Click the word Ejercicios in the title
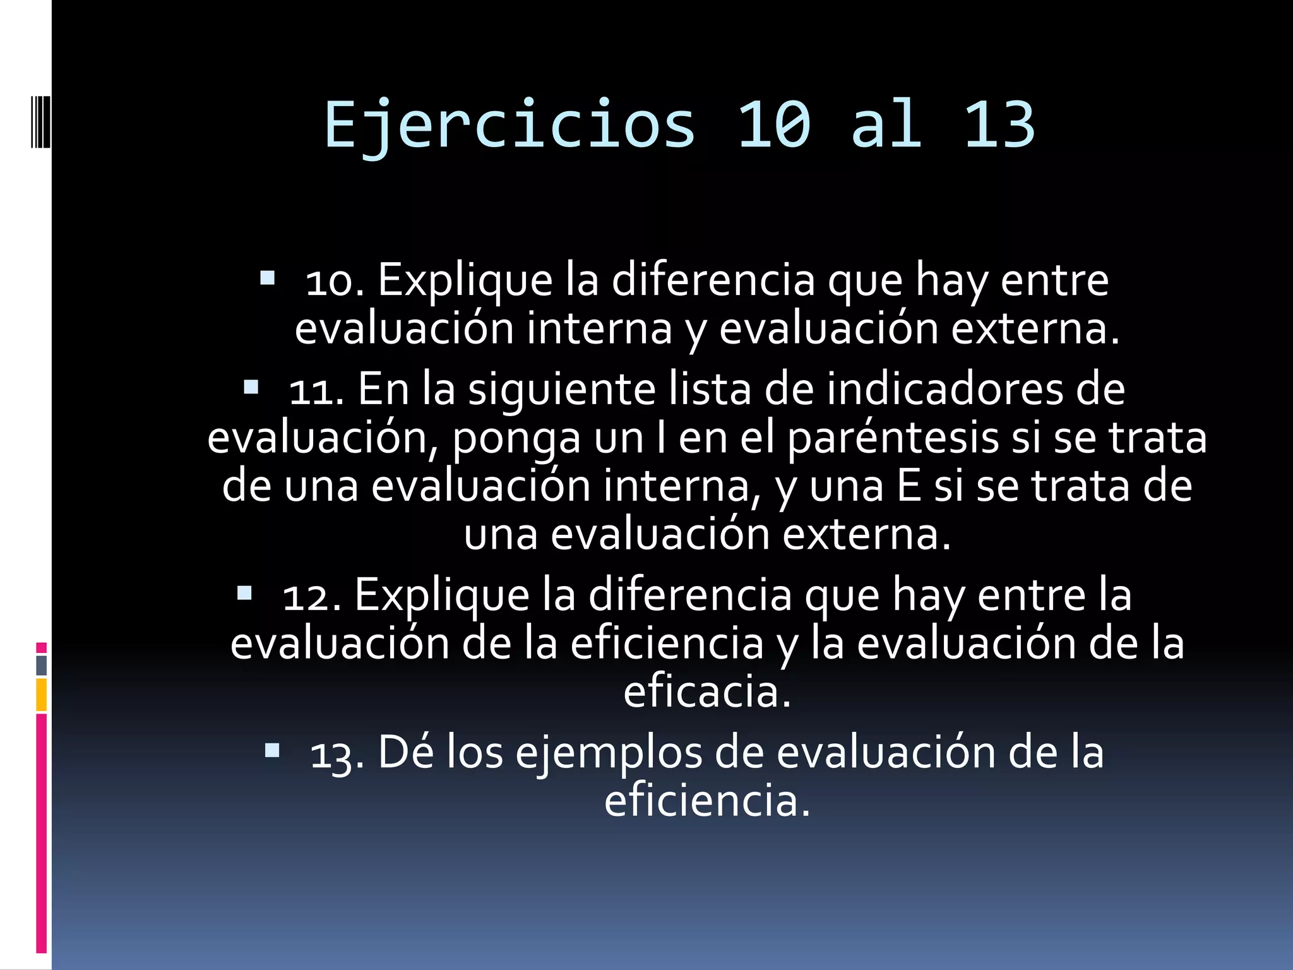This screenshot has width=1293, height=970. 509,125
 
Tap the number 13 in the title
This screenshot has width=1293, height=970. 999,125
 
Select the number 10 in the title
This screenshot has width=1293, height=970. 774,125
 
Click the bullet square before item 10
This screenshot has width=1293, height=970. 267,278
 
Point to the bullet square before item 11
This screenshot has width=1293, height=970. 251,387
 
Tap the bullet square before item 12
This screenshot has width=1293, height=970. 244,593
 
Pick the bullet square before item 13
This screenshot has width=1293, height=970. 272,750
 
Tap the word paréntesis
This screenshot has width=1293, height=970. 893,438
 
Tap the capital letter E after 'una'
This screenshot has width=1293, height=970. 909,486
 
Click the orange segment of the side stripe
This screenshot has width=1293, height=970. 41,694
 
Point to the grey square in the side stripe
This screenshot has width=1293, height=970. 41,665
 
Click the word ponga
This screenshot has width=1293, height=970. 516,440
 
